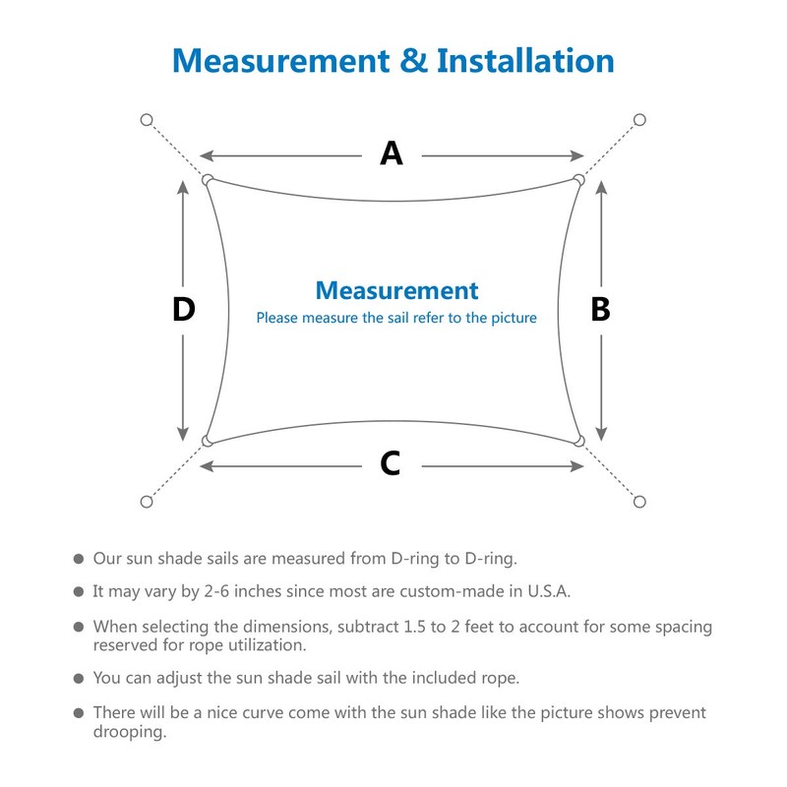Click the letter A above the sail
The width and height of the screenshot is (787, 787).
coord(392,153)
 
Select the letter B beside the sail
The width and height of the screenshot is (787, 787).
coord(600,309)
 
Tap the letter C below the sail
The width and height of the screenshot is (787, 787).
coord(391,463)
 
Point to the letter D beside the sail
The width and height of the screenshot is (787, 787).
coord(183,309)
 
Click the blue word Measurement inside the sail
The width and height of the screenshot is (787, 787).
coord(396,290)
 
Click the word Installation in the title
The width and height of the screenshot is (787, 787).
coord(525,61)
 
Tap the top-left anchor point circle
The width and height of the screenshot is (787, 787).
coord(147,120)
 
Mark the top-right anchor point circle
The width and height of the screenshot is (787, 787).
coord(639,120)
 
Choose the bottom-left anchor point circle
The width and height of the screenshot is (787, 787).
coord(147,502)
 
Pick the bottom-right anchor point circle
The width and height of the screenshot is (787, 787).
coord(639,502)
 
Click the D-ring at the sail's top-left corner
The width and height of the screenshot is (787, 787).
coord(208,180)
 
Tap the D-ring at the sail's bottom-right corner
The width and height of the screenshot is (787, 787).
coord(578,440)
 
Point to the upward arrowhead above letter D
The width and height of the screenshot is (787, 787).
coord(183,186)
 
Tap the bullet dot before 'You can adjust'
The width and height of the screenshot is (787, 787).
coord(79,679)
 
